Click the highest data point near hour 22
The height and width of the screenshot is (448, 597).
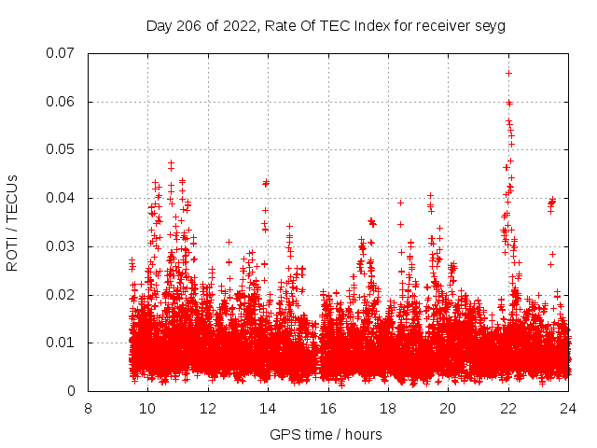coord(508,73)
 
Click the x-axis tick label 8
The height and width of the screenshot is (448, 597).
coord(88,408)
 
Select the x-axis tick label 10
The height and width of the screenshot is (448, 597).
coord(147,408)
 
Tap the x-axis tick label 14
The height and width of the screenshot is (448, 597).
coord(268,408)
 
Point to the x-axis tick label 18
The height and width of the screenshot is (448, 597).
coord(388,408)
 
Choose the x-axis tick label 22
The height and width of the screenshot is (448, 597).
coord(508,408)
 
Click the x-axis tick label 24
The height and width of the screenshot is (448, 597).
coord(568,408)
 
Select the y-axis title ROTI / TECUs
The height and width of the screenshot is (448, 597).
coord(13,222)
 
